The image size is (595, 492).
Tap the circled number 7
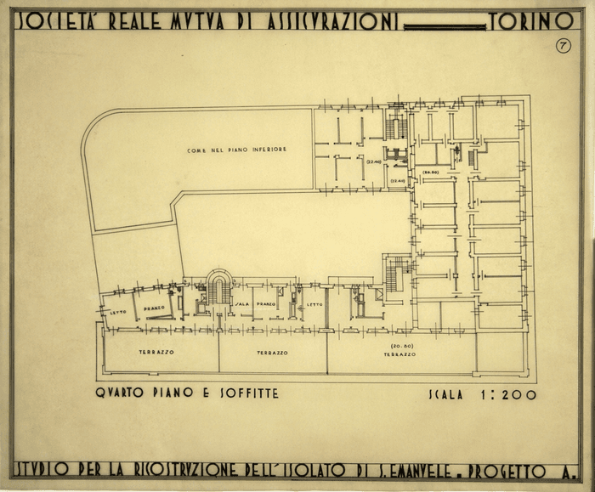point(563,46)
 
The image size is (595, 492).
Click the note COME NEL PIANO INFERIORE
point(236,150)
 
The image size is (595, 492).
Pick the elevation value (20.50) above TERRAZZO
point(402,346)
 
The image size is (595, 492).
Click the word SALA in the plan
point(241,303)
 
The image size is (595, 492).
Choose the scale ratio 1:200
point(501,394)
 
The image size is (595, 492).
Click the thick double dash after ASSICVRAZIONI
point(445,26)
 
